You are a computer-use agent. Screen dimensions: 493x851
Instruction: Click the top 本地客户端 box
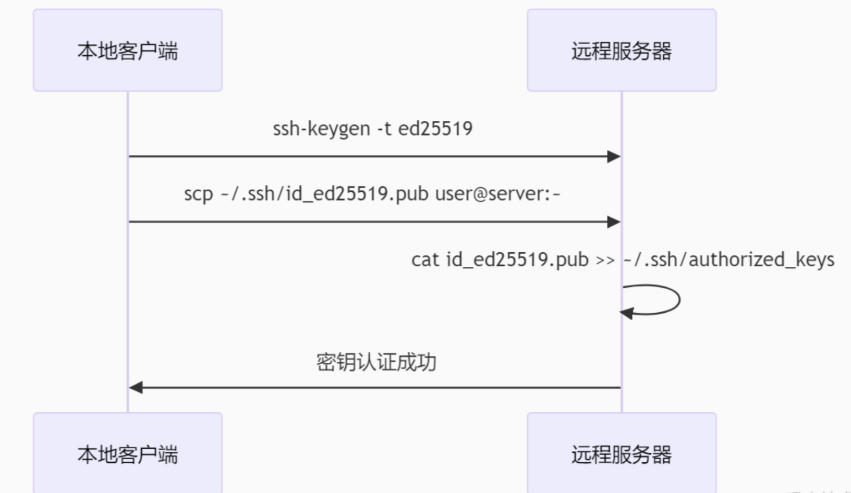[x=128, y=51]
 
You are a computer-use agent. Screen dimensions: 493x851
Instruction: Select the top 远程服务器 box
[x=622, y=51]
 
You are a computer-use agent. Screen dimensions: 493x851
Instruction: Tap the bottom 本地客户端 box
[x=128, y=453]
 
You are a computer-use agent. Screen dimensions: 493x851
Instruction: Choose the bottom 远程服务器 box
[x=622, y=453]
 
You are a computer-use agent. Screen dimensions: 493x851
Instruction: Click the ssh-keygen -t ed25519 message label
[x=372, y=129]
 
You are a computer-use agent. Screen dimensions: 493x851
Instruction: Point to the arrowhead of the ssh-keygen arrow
[x=614, y=156]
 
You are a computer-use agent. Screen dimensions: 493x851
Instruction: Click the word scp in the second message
[x=199, y=194]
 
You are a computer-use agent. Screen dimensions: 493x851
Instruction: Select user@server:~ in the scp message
[x=497, y=194]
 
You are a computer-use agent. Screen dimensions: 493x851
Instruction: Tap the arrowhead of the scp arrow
[x=614, y=222]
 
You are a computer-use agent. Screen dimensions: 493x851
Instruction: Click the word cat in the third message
[x=425, y=260]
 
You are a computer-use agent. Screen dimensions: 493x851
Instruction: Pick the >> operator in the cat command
[x=605, y=260]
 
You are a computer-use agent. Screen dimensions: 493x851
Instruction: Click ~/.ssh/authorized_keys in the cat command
[x=728, y=260]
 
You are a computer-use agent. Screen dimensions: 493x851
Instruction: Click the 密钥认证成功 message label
[x=376, y=362]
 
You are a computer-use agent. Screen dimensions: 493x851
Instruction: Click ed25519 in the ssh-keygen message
[x=435, y=129]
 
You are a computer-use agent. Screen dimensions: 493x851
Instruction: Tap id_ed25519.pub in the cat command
[x=517, y=260]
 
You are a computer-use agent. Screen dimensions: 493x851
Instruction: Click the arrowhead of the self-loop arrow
[x=626, y=313]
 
